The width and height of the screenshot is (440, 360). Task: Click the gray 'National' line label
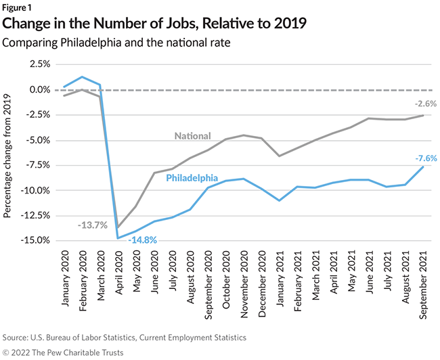[x=192, y=135]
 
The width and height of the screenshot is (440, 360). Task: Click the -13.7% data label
[x=92, y=225]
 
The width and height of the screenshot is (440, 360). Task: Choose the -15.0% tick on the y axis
[x=34, y=240]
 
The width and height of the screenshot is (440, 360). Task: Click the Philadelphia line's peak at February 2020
[x=82, y=77]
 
